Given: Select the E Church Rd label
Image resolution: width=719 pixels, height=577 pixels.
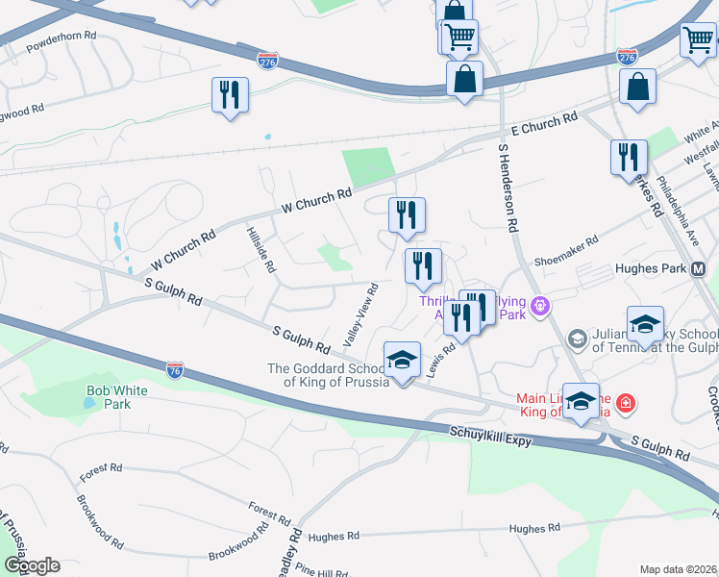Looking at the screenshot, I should click(544, 124).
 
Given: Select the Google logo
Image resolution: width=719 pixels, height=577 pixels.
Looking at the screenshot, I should click(31, 565).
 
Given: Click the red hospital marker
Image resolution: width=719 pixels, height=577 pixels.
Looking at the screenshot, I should click(626, 401).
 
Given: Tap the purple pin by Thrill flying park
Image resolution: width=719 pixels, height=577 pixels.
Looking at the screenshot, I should click(540, 307).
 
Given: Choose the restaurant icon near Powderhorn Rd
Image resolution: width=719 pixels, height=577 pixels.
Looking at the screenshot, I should click(230, 94).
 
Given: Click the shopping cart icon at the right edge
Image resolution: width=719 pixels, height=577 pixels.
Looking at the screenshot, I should click(699, 39).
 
